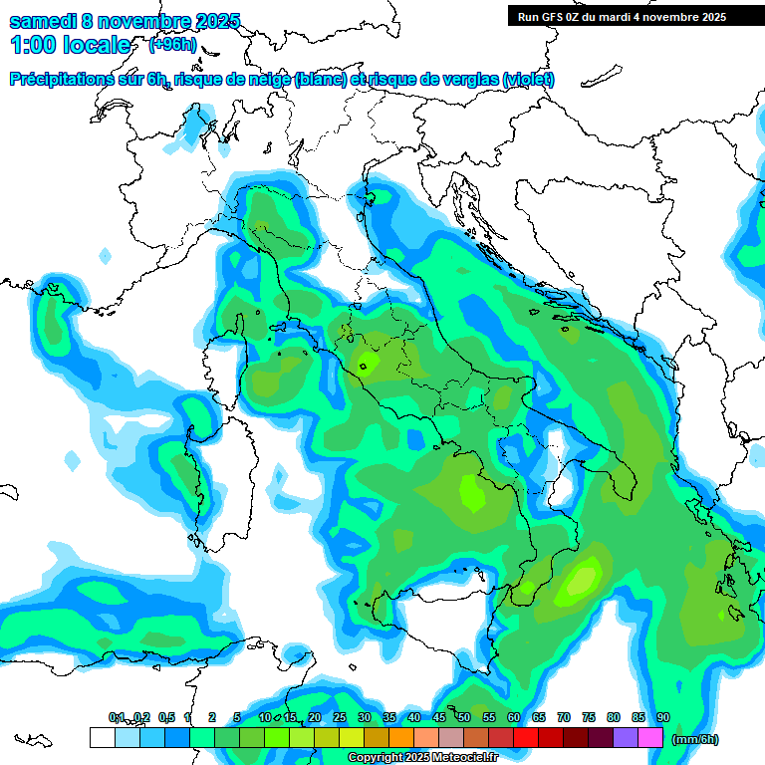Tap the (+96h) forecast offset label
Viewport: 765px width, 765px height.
click(172, 45)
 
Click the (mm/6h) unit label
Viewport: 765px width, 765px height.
click(694, 739)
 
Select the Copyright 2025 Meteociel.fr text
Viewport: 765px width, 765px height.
click(422, 758)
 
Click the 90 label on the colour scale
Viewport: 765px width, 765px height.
click(663, 717)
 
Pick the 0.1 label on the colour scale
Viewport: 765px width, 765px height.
click(117, 717)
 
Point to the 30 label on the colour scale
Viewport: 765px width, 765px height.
click(365, 717)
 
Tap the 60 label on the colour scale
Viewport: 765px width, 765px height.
click(514, 717)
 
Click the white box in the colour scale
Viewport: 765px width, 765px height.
click(102, 737)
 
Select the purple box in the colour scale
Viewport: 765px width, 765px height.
click(626, 737)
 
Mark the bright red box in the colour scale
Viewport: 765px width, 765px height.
click(526, 737)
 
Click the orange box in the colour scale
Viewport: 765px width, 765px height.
click(401, 737)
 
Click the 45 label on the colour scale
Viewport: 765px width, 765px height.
click(439, 717)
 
